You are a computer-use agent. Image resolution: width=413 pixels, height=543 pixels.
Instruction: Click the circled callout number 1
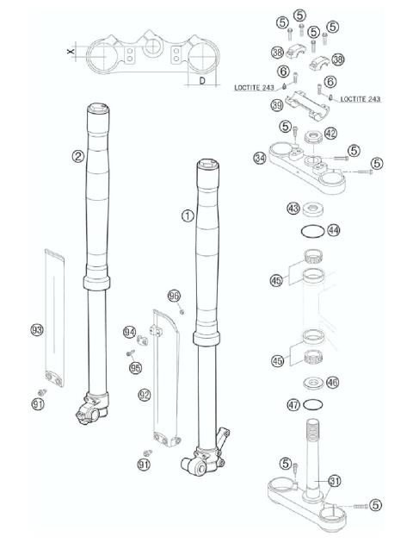[187, 216]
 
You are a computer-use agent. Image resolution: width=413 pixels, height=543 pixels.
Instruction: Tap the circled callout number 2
[77, 156]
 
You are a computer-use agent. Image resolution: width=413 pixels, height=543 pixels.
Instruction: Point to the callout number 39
[276, 105]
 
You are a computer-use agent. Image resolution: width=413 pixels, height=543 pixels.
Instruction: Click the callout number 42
[331, 134]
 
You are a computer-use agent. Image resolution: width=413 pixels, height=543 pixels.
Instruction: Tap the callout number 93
[36, 328]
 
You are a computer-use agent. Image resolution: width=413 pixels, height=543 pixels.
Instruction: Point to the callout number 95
[135, 368]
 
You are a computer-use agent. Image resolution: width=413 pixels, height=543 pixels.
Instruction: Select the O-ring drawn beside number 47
[315, 404]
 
